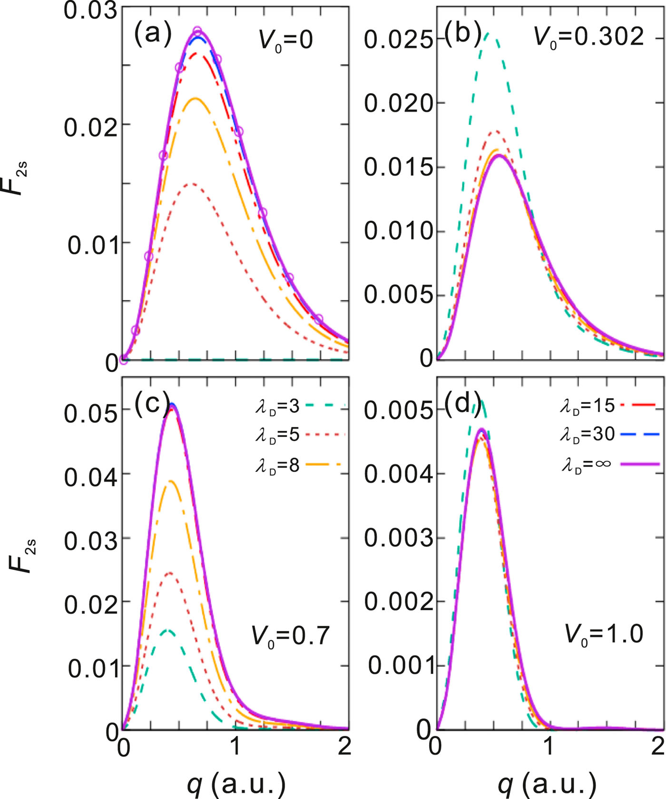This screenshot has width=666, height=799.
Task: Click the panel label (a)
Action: [152, 34]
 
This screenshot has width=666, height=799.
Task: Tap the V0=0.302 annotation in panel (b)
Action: [589, 36]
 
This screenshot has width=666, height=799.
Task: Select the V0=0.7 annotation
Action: [290, 635]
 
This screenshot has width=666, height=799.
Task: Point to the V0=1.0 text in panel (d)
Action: [603, 634]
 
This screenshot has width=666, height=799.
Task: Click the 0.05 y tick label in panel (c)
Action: [90, 414]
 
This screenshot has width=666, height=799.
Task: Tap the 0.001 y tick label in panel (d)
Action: [402, 666]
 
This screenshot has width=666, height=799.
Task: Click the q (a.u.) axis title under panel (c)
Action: [236, 784]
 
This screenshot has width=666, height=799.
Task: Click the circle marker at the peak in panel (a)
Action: [197, 31]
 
